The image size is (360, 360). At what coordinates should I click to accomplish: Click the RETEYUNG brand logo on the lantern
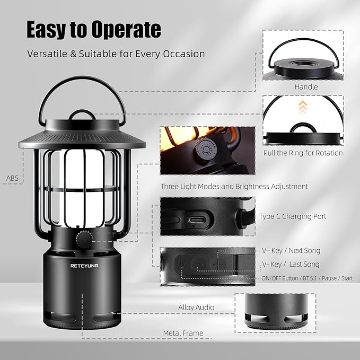(x=84, y=266)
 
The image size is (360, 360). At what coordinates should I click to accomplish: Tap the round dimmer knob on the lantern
(x=84, y=239)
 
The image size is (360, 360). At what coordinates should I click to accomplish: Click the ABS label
(x=12, y=178)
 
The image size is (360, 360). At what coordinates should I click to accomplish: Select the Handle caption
(x=306, y=87)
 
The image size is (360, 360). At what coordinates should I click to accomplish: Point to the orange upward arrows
(x=303, y=107)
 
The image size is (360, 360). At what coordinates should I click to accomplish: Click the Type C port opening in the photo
(x=196, y=220)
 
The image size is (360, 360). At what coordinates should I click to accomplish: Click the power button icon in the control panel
(x=181, y=264)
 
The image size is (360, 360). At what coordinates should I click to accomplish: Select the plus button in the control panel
(x=218, y=265)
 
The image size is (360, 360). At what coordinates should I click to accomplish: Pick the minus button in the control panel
(x=199, y=265)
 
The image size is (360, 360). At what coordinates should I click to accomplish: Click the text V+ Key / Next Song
(x=291, y=250)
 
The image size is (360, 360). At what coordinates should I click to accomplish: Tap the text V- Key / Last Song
(x=291, y=264)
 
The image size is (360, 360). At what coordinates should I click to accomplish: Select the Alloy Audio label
(x=196, y=308)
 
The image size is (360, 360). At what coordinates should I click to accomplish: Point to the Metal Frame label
(x=183, y=333)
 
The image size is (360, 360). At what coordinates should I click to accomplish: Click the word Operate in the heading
(x=126, y=30)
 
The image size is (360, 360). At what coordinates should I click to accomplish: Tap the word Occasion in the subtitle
(x=184, y=54)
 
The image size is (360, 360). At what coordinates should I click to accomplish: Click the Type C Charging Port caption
(x=293, y=216)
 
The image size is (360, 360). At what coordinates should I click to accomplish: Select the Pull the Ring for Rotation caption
(x=303, y=153)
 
